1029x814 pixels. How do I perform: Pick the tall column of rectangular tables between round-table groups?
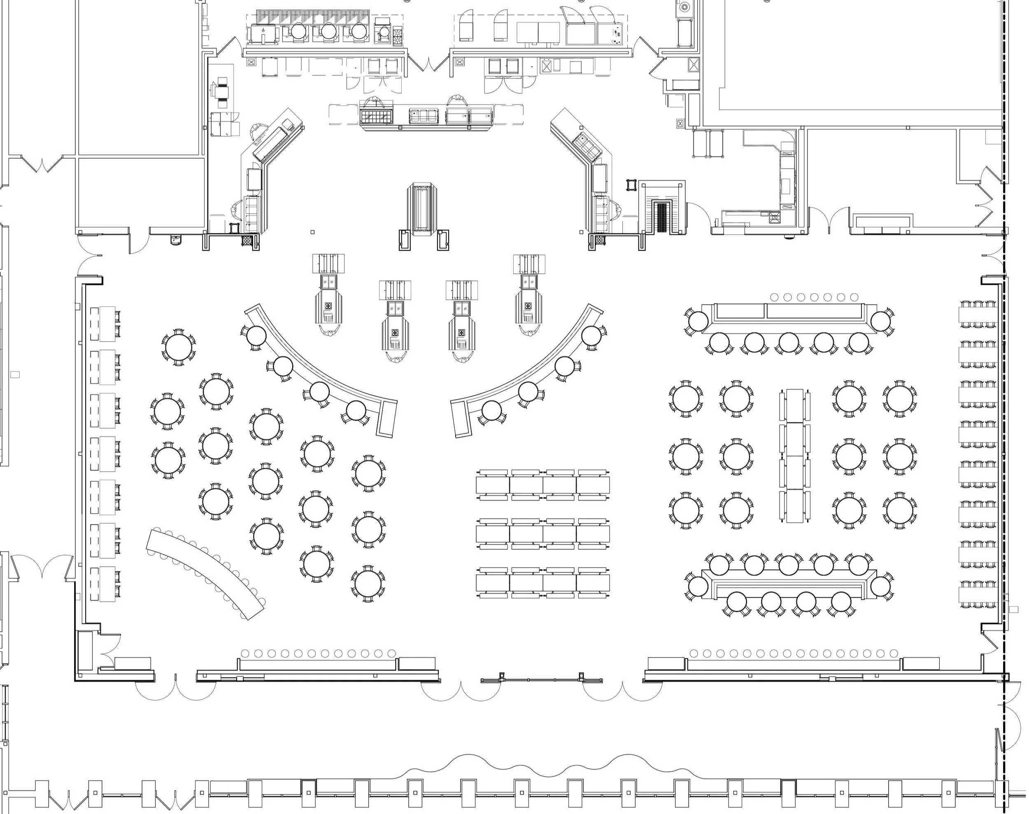(795, 455)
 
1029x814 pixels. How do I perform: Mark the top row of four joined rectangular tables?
(542, 485)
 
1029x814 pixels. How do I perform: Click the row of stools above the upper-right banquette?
(814, 297)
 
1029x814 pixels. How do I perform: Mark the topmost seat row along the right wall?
(978, 315)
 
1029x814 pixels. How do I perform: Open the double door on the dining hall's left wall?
(42, 567)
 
